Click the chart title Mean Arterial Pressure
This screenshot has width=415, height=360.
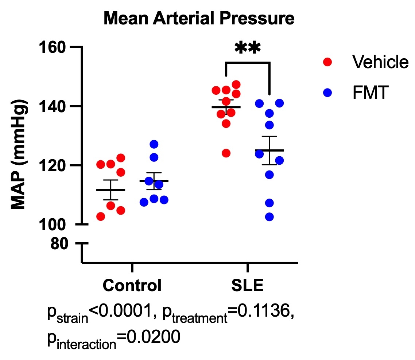click(199, 19)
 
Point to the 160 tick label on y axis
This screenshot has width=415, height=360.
click(53, 47)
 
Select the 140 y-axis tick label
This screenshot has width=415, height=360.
click(53, 106)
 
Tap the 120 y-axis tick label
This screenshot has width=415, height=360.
click(53, 165)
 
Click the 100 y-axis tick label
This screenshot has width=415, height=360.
click(53, 224)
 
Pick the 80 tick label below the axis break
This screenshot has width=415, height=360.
click(59, 244)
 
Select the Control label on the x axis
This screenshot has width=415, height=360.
click(132, 285)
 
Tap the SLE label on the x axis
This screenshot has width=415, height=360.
click(247, 285)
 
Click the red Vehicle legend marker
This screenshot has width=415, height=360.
click(327, 62)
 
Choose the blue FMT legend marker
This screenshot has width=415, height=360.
click(327, 93)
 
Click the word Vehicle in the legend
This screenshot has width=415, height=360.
click(380, 62)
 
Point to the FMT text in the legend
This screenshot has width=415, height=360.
click(369, 93)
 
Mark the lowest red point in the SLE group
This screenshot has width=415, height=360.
click(226, 153)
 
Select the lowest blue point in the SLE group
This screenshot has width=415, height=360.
click(269, 217)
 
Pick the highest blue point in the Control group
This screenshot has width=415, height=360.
click(154, 144)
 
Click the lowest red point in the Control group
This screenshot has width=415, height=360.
click(101, 216)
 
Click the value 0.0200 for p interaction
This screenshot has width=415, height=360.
click(158, 336)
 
